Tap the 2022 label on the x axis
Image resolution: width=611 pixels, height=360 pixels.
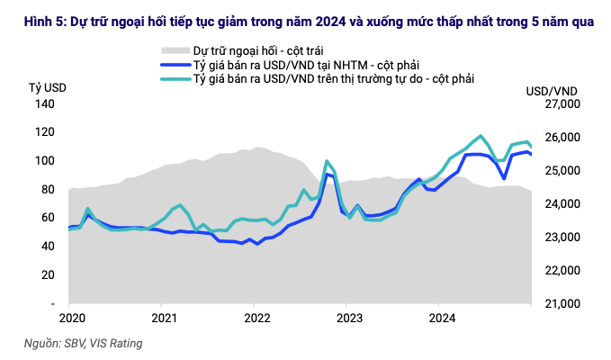click(257, 318)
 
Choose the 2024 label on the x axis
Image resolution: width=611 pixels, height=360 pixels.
click(442, 318)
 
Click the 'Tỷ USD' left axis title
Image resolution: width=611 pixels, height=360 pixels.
click(47, 86)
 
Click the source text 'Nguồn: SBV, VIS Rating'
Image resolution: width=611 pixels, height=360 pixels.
click(83, 343)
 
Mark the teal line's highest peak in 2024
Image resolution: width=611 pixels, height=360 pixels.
click(481, 136)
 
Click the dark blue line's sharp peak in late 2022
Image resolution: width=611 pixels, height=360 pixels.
click(327, 175)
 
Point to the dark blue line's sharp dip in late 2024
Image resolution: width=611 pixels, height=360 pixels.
click(504, 178)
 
